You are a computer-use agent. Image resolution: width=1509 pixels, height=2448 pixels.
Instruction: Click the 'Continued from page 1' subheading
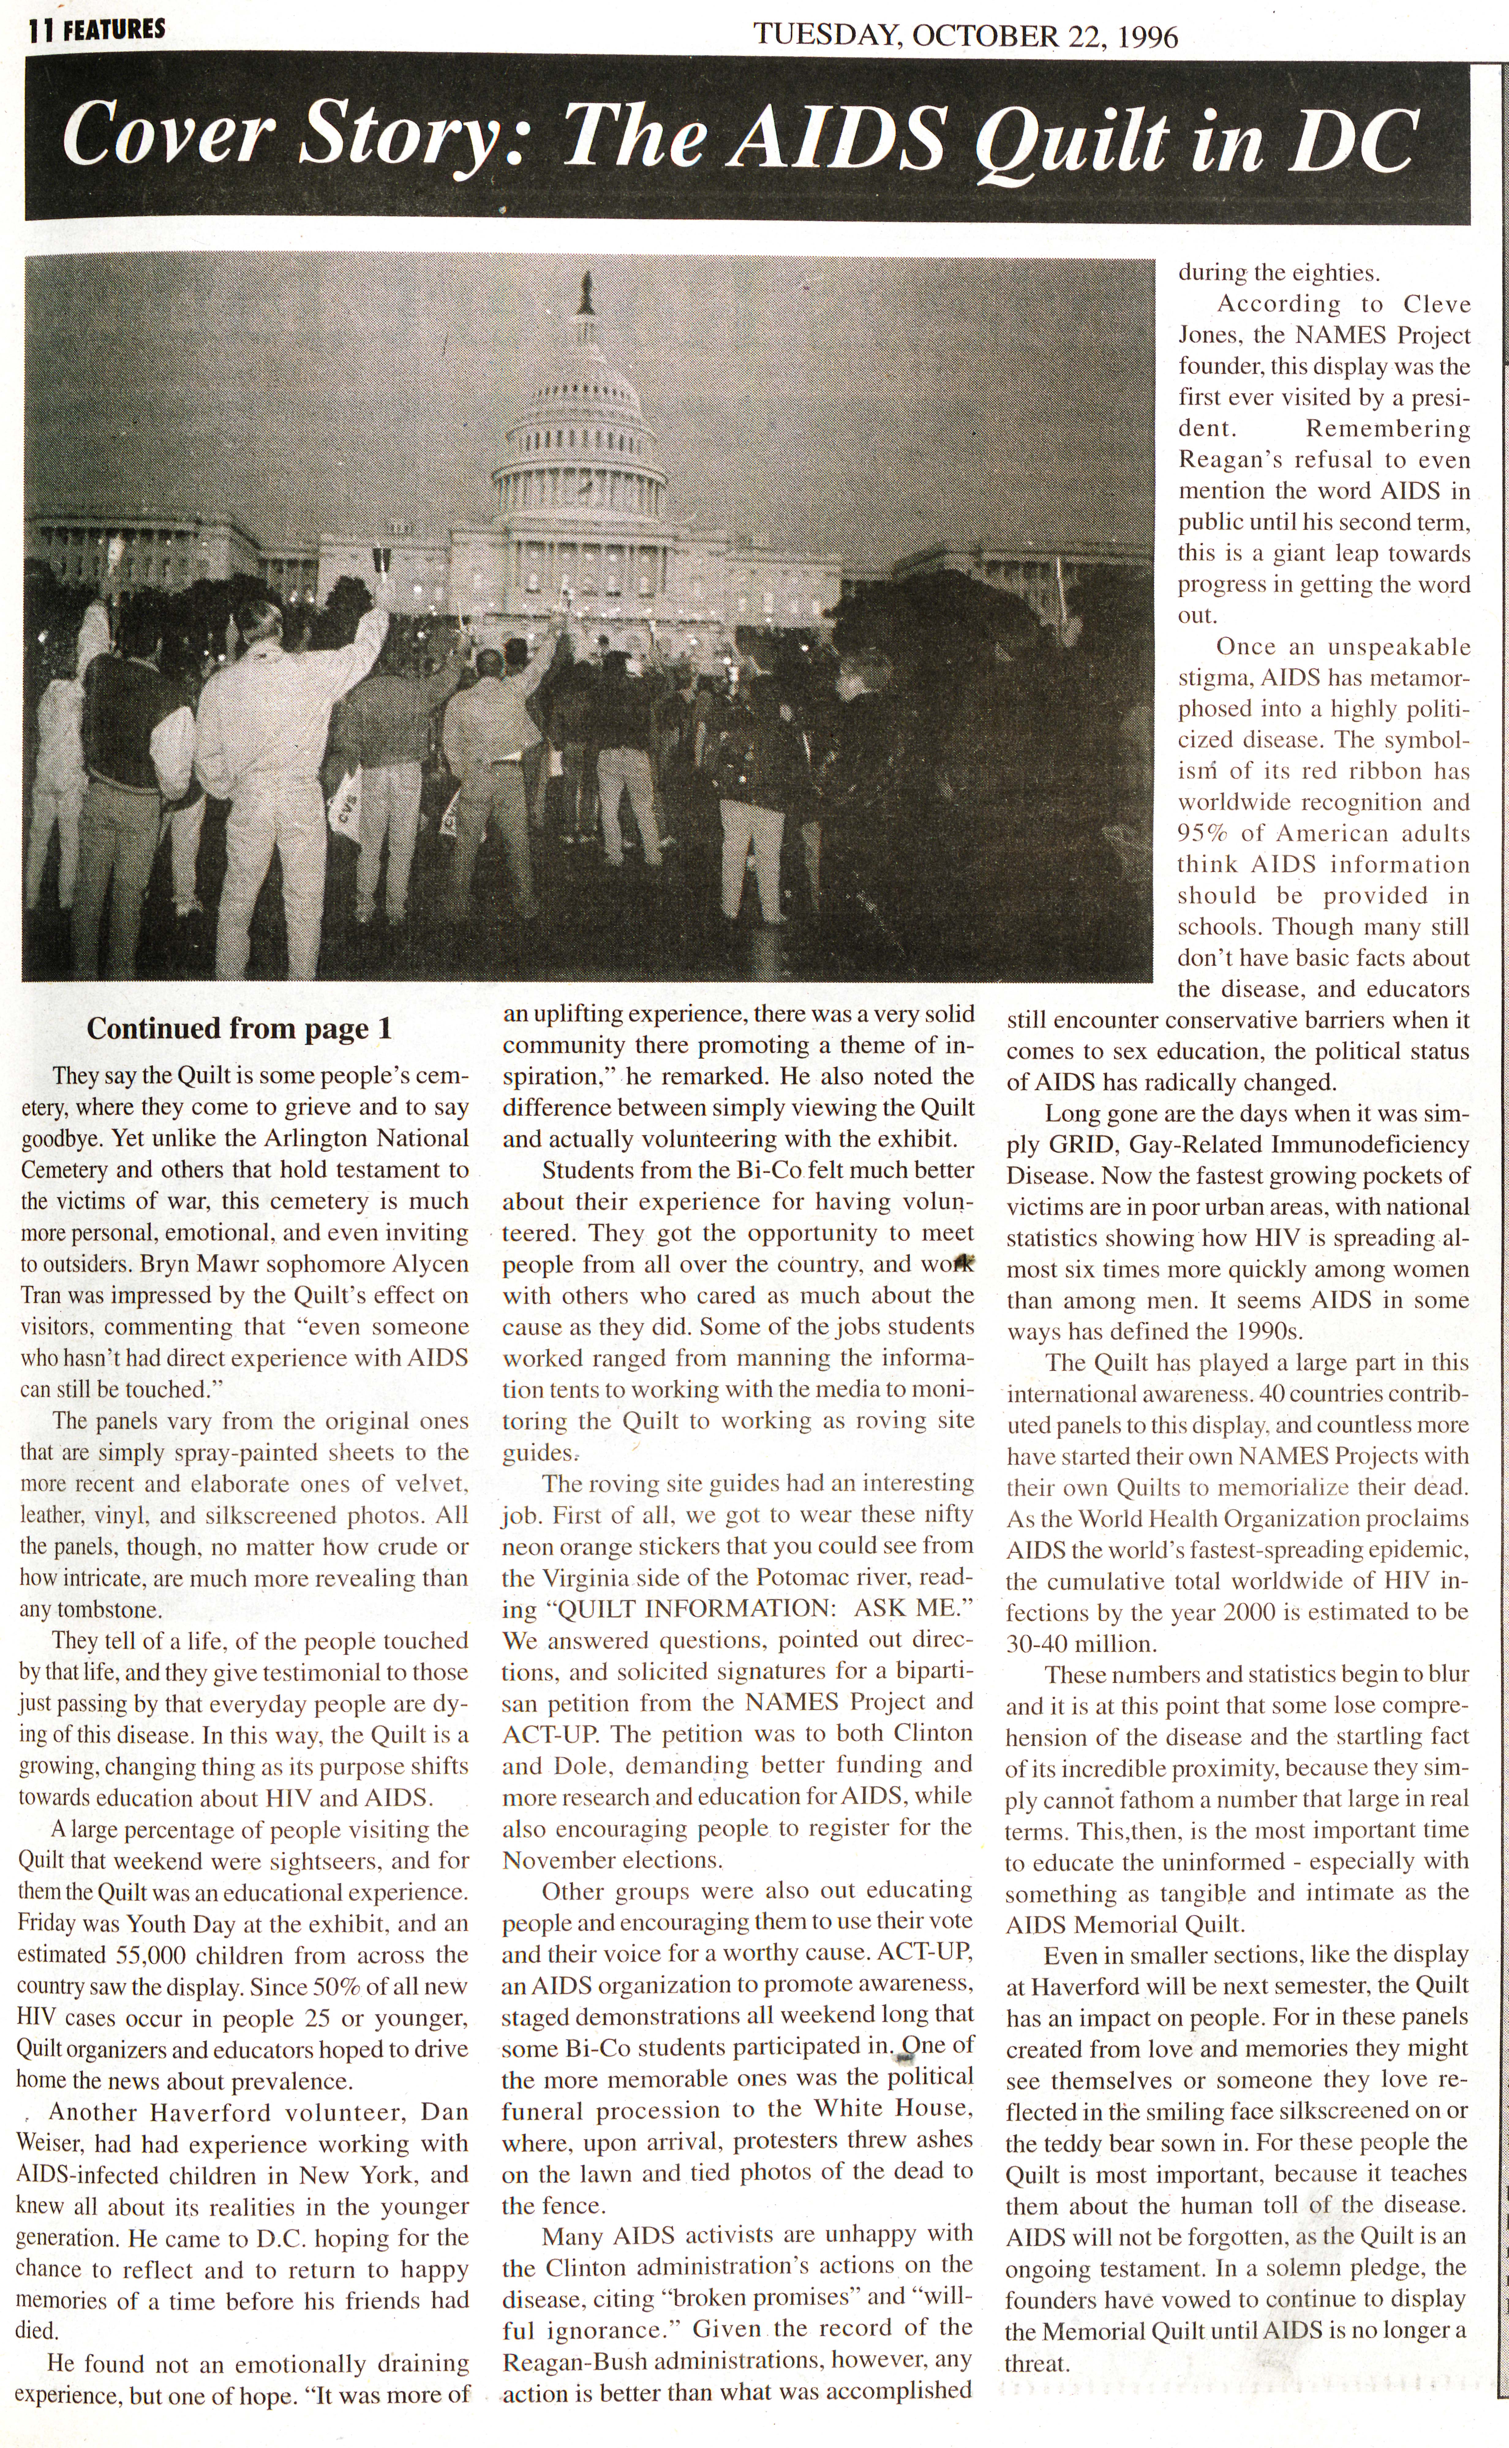tap(239, 1029)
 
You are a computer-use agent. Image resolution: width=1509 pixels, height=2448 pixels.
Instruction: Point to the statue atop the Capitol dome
tap(586, 291)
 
